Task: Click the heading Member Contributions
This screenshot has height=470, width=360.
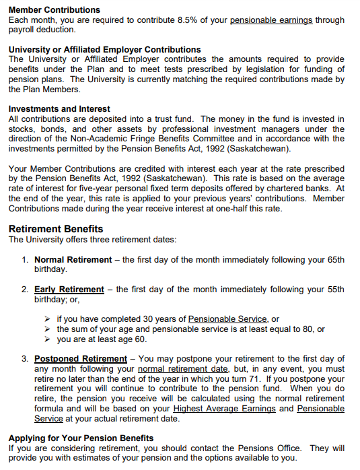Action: coord(54,10)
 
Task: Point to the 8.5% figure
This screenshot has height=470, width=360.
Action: coord(183,20)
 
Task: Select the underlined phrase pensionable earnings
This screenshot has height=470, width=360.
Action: coord(271,20)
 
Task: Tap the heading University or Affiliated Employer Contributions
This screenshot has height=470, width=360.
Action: coord(104,50)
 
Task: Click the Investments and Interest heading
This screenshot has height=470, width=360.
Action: coord(59,109)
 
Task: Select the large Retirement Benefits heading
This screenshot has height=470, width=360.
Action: coord(56,229)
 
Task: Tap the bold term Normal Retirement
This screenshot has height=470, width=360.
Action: coord(73,259)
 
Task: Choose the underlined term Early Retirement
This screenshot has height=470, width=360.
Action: coord(69,290)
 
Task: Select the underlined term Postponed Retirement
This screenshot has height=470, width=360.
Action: coord(81,359)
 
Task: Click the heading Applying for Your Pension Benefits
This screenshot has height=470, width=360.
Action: coord(81,438)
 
